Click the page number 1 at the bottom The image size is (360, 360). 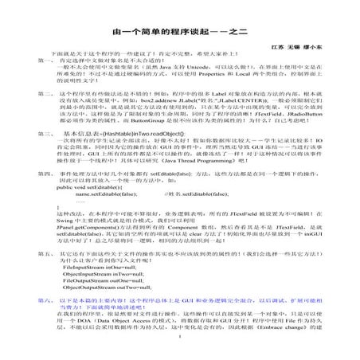(180, 358)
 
